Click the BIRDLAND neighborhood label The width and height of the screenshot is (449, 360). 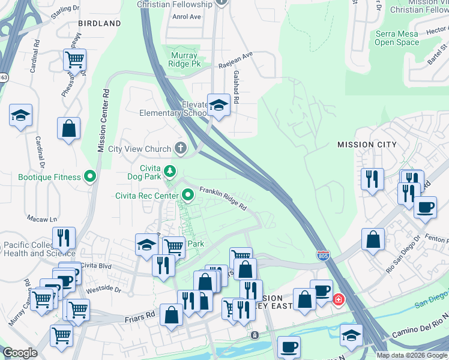99,23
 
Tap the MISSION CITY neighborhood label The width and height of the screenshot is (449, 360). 367,145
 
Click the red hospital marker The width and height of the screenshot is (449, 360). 339,298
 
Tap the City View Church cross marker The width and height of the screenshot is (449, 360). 180,148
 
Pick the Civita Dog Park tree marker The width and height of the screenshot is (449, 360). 170,172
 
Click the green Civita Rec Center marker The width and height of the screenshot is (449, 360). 188,195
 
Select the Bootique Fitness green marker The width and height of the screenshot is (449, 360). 90,177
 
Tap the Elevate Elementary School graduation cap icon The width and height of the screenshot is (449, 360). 218,105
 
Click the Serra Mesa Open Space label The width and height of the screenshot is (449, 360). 397,38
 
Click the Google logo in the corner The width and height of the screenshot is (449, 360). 20,353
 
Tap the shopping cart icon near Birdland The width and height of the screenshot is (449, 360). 74,59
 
